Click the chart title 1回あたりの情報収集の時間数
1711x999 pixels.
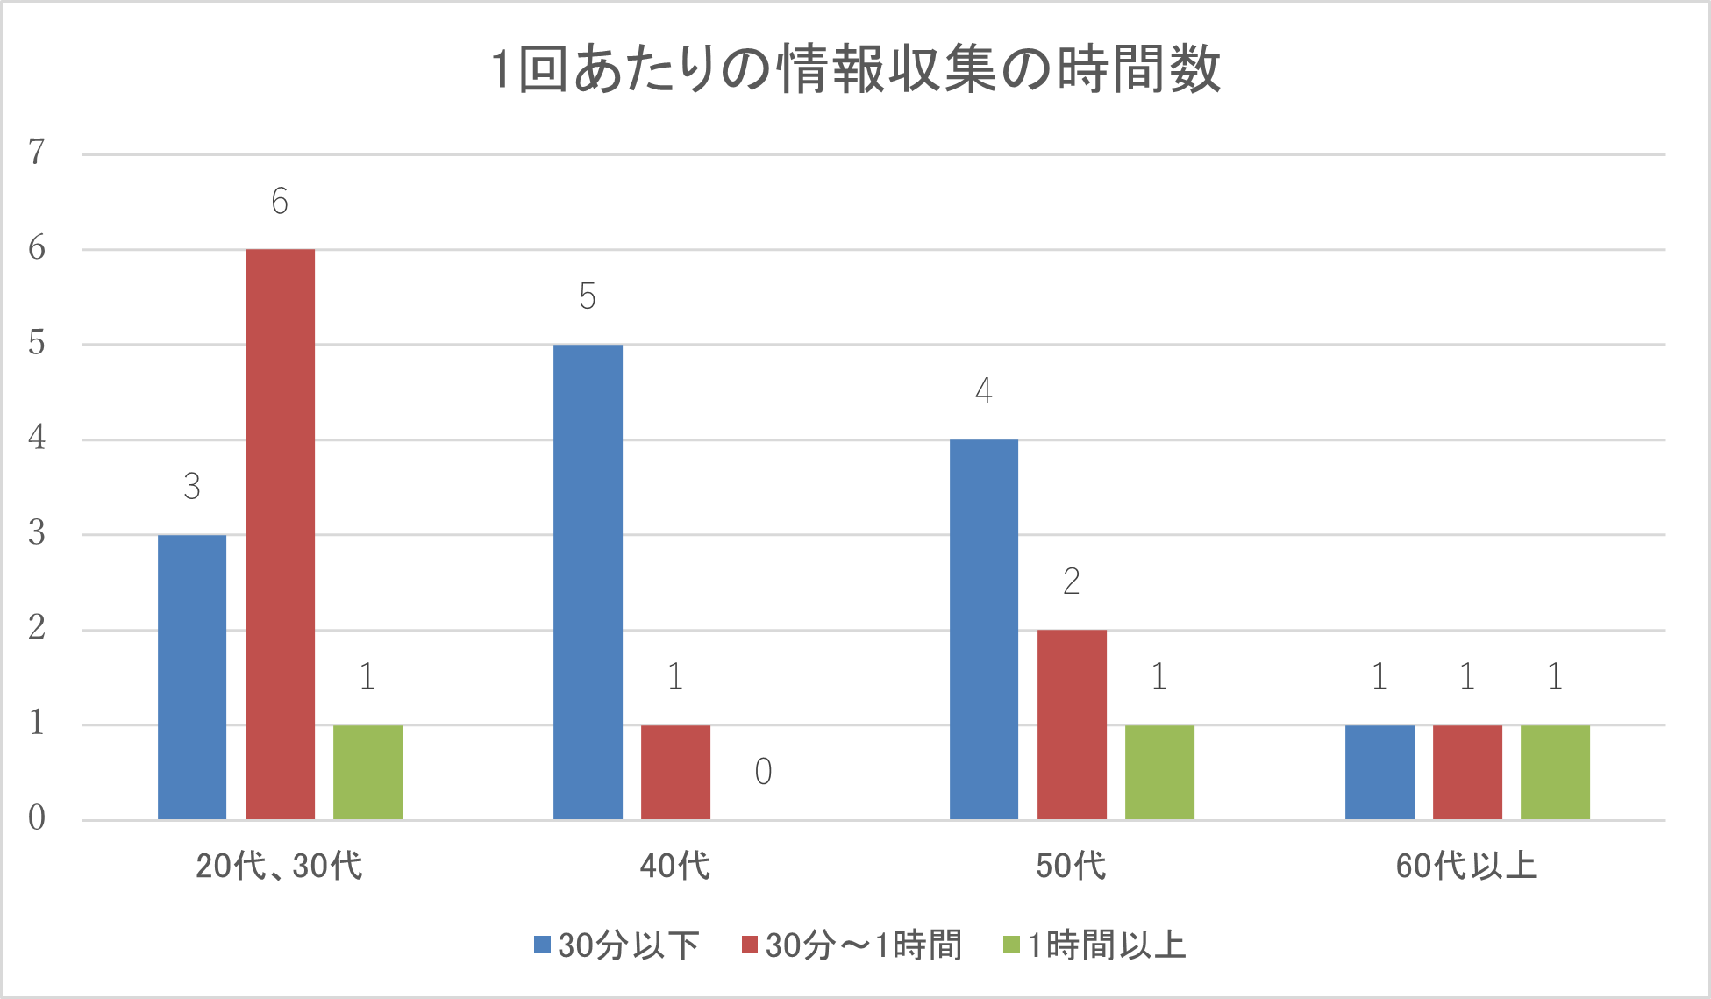tap(855, 70)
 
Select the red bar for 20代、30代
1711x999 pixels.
tap(280, 535)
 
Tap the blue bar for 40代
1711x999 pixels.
tap(588, 582)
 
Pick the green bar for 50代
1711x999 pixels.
tap(1159, 773)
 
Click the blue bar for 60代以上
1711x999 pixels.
tap(1379, 773)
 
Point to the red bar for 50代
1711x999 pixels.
tap(1072, 724)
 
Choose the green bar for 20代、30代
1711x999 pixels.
tap(367, 773)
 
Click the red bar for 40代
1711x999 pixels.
tap(675, 773)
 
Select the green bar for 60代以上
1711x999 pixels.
tap(1555, 773)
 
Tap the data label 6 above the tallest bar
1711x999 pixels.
tap(280, 202)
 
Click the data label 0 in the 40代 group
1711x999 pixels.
tap(763, 772)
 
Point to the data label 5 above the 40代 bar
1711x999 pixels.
tap(588, 296)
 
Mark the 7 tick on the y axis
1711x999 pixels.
tap(37, 153)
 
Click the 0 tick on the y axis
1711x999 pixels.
tap(37, 818)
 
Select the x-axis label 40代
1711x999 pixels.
tap(675, 867)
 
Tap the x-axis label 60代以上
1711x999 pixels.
tap(1466, 867)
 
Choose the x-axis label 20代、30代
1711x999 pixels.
tap(279, 867)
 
